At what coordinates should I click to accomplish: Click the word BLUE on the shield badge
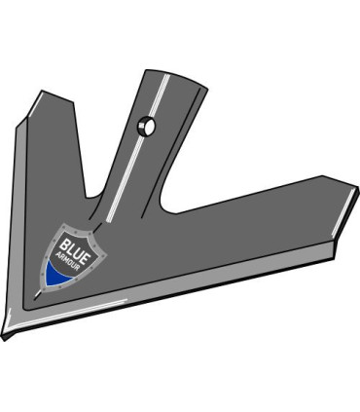click(72, 245)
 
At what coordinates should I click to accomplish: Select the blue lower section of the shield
click(60, 277)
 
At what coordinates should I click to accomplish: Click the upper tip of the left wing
click(40, 94)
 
